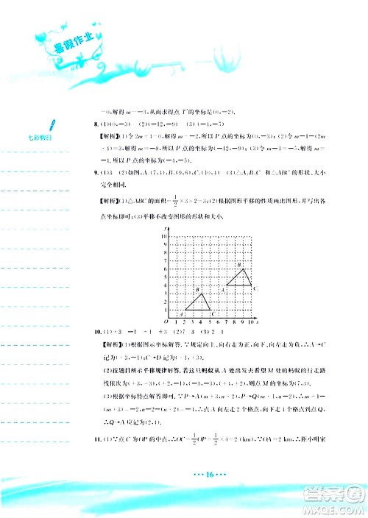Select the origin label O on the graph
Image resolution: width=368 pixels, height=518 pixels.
click(x=166, y=322)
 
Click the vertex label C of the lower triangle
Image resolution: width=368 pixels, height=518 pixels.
click(x=213, y=314)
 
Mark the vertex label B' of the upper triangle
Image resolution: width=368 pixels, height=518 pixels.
click(x=238, y=264)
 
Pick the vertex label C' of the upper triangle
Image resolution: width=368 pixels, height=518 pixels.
click(x=255, y=289)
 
